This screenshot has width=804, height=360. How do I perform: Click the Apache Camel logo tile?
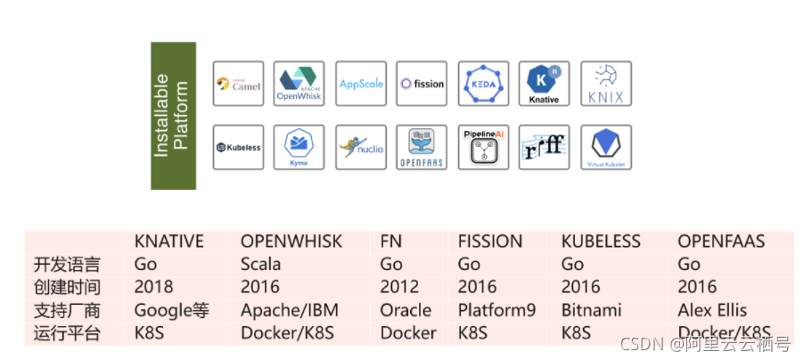[239, 85]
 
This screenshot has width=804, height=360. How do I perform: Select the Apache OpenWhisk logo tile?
[299, 85]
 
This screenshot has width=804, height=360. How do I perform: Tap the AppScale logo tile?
[360, 85]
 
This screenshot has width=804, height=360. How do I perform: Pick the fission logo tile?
[422, 85]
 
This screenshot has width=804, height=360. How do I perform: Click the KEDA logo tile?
[482, 85]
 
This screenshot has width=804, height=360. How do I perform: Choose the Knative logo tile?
[544, 85]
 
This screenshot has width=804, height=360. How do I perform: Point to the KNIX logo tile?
[605, 85]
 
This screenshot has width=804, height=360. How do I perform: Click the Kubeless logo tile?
[239, 147]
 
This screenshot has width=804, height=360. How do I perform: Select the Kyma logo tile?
[299, 147]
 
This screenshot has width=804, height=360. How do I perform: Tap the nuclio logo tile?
[360, 147]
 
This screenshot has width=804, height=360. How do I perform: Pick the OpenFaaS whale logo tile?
[422, 147]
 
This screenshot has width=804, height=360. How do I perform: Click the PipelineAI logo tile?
[482, 147]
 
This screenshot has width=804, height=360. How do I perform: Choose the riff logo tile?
[544, 147]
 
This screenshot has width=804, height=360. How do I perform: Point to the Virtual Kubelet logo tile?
[605, 147]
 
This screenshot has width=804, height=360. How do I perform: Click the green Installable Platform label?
[173, 115]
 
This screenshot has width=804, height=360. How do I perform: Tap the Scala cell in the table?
[260, 265]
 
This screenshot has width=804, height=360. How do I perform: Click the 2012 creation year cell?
[399, 287]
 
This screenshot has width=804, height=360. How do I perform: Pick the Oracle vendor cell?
[406, 310]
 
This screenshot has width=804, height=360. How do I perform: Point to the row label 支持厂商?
[67, 310]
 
